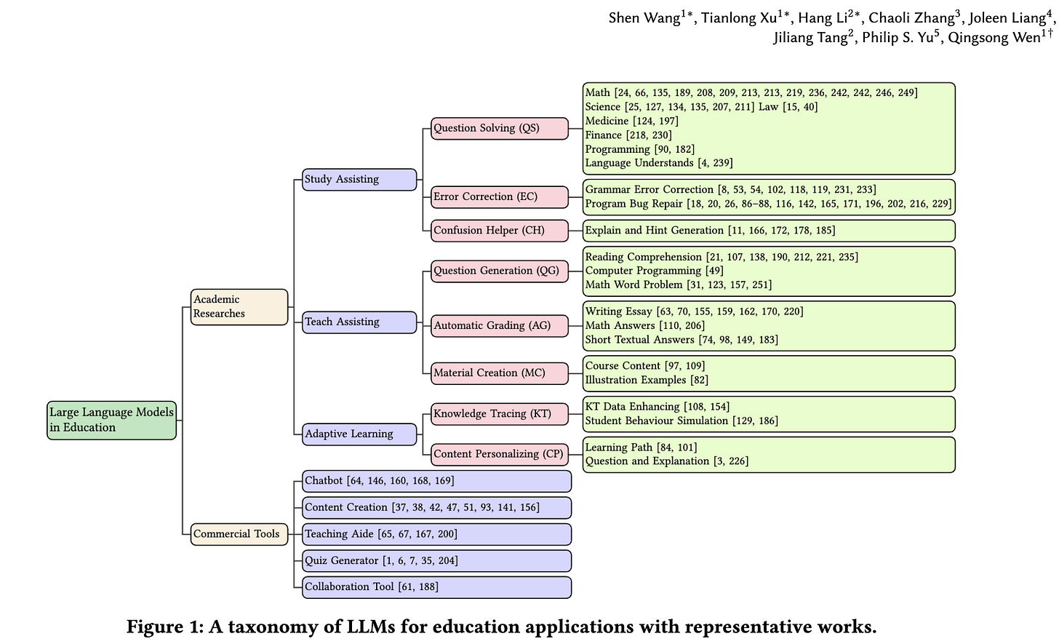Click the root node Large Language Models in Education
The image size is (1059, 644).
coord(112,420)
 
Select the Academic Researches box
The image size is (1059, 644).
coord(239,306)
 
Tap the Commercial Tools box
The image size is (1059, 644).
coord(239,534)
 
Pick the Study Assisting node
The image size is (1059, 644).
coord(359,179)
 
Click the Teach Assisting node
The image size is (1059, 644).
coord(359,322)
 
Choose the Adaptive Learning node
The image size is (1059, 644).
coord(359,434)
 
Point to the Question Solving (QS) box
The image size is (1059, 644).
coord(499,128)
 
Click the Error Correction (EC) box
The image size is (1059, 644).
coord(499,196)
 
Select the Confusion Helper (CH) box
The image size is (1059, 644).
coord(499,231)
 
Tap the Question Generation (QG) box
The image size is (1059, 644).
coord(499,271)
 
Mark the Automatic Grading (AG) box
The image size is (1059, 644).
coord(499,325)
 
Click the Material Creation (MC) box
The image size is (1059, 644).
coord(499,373)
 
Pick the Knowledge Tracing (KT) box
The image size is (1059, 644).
coord(499,414)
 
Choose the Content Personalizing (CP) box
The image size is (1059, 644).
coord(499,454)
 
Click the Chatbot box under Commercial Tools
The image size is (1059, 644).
coord(436,481)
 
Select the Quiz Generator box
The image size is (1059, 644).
coord(436,561)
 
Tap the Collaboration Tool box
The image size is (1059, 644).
coord(436,587)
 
